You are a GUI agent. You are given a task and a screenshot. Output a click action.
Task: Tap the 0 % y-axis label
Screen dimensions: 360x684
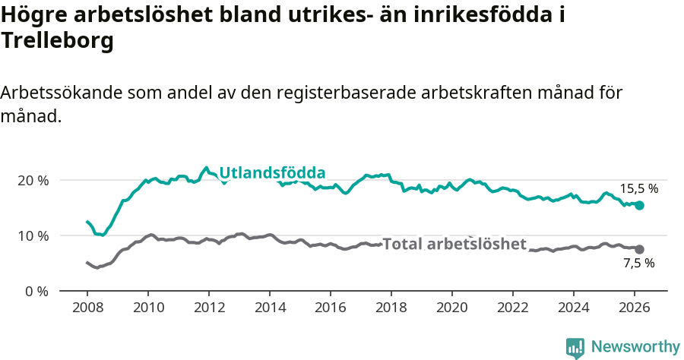tap(36, 292)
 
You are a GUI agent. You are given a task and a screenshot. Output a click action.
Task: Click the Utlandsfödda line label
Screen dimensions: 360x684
tap(272, 173)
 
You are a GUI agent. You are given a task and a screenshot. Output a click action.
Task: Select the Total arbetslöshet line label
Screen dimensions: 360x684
tap(454, 244)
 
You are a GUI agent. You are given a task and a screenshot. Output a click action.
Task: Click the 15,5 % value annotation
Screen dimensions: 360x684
tap(638, 189)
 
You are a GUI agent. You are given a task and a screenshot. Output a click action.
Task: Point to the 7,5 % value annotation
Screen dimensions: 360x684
tap(638, 264)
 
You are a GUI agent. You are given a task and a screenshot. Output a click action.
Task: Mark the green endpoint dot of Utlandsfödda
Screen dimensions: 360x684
tap(639, 205)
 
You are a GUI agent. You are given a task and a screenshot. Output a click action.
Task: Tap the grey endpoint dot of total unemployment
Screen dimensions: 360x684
tap(639, 249)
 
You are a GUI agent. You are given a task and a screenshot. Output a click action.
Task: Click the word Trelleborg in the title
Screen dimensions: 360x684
tap(58, 41)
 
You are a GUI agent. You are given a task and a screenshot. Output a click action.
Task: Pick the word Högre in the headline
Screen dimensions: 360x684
tap(33, 15)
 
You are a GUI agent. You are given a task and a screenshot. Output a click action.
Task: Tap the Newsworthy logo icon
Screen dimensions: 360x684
tap(575, 348)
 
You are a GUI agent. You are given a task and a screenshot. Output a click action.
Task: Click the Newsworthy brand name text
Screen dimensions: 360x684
tap(635, 347)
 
